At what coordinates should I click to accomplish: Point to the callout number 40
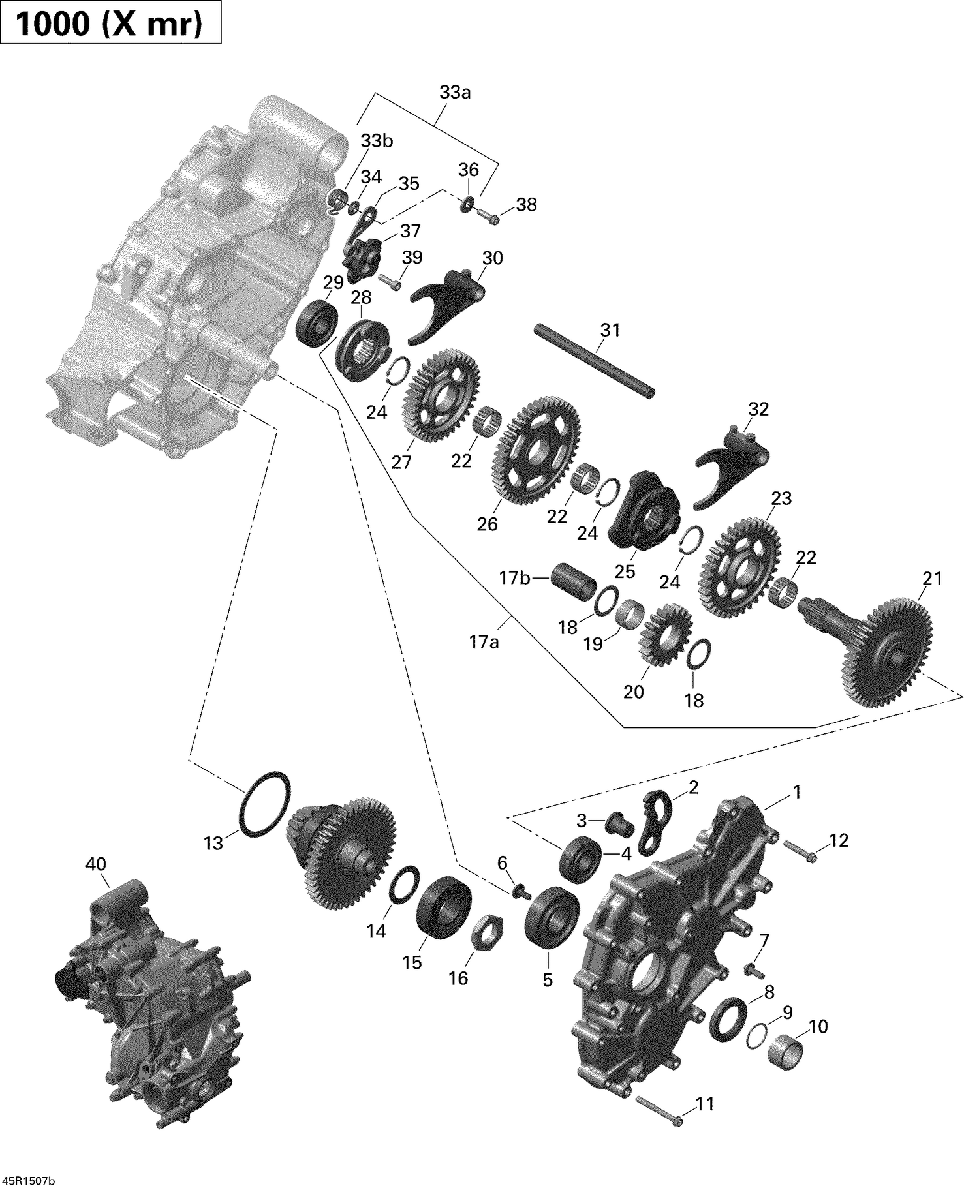96,864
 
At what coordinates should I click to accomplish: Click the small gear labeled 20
659,634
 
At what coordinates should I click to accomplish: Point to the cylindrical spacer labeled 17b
576,579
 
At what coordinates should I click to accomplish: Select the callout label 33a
455,93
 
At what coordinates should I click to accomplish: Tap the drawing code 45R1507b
28,1176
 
